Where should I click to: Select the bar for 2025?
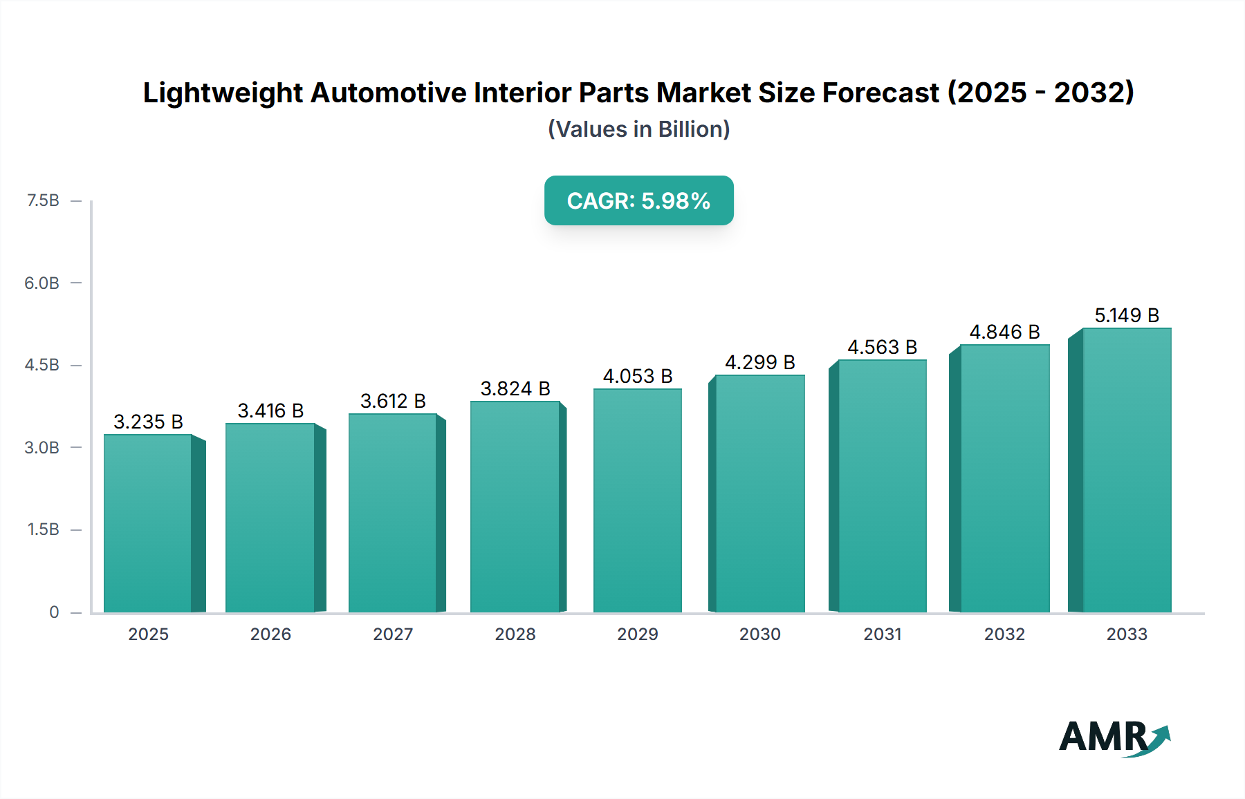[148, 523]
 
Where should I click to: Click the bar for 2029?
[637, 500]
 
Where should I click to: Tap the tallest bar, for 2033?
[1127, 470]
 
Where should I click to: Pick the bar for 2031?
[882, 486]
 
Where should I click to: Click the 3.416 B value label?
[270, 411]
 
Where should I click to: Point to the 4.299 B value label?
[759, 362]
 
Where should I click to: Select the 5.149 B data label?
[1126, 315]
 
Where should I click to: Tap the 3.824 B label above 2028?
[515, 388]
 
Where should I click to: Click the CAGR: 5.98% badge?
[638, 200]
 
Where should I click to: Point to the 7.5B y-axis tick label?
[43, 200]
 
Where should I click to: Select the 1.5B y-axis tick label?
[43, 529]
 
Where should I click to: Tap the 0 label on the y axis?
[54, 612]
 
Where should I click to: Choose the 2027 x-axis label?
[393, 634]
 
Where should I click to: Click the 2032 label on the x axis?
[1004, 634]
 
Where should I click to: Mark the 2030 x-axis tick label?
[759, 634]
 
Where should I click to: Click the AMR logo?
[1114, 737]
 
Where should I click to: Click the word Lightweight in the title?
[223, 93]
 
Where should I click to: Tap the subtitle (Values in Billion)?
[638, 129]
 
